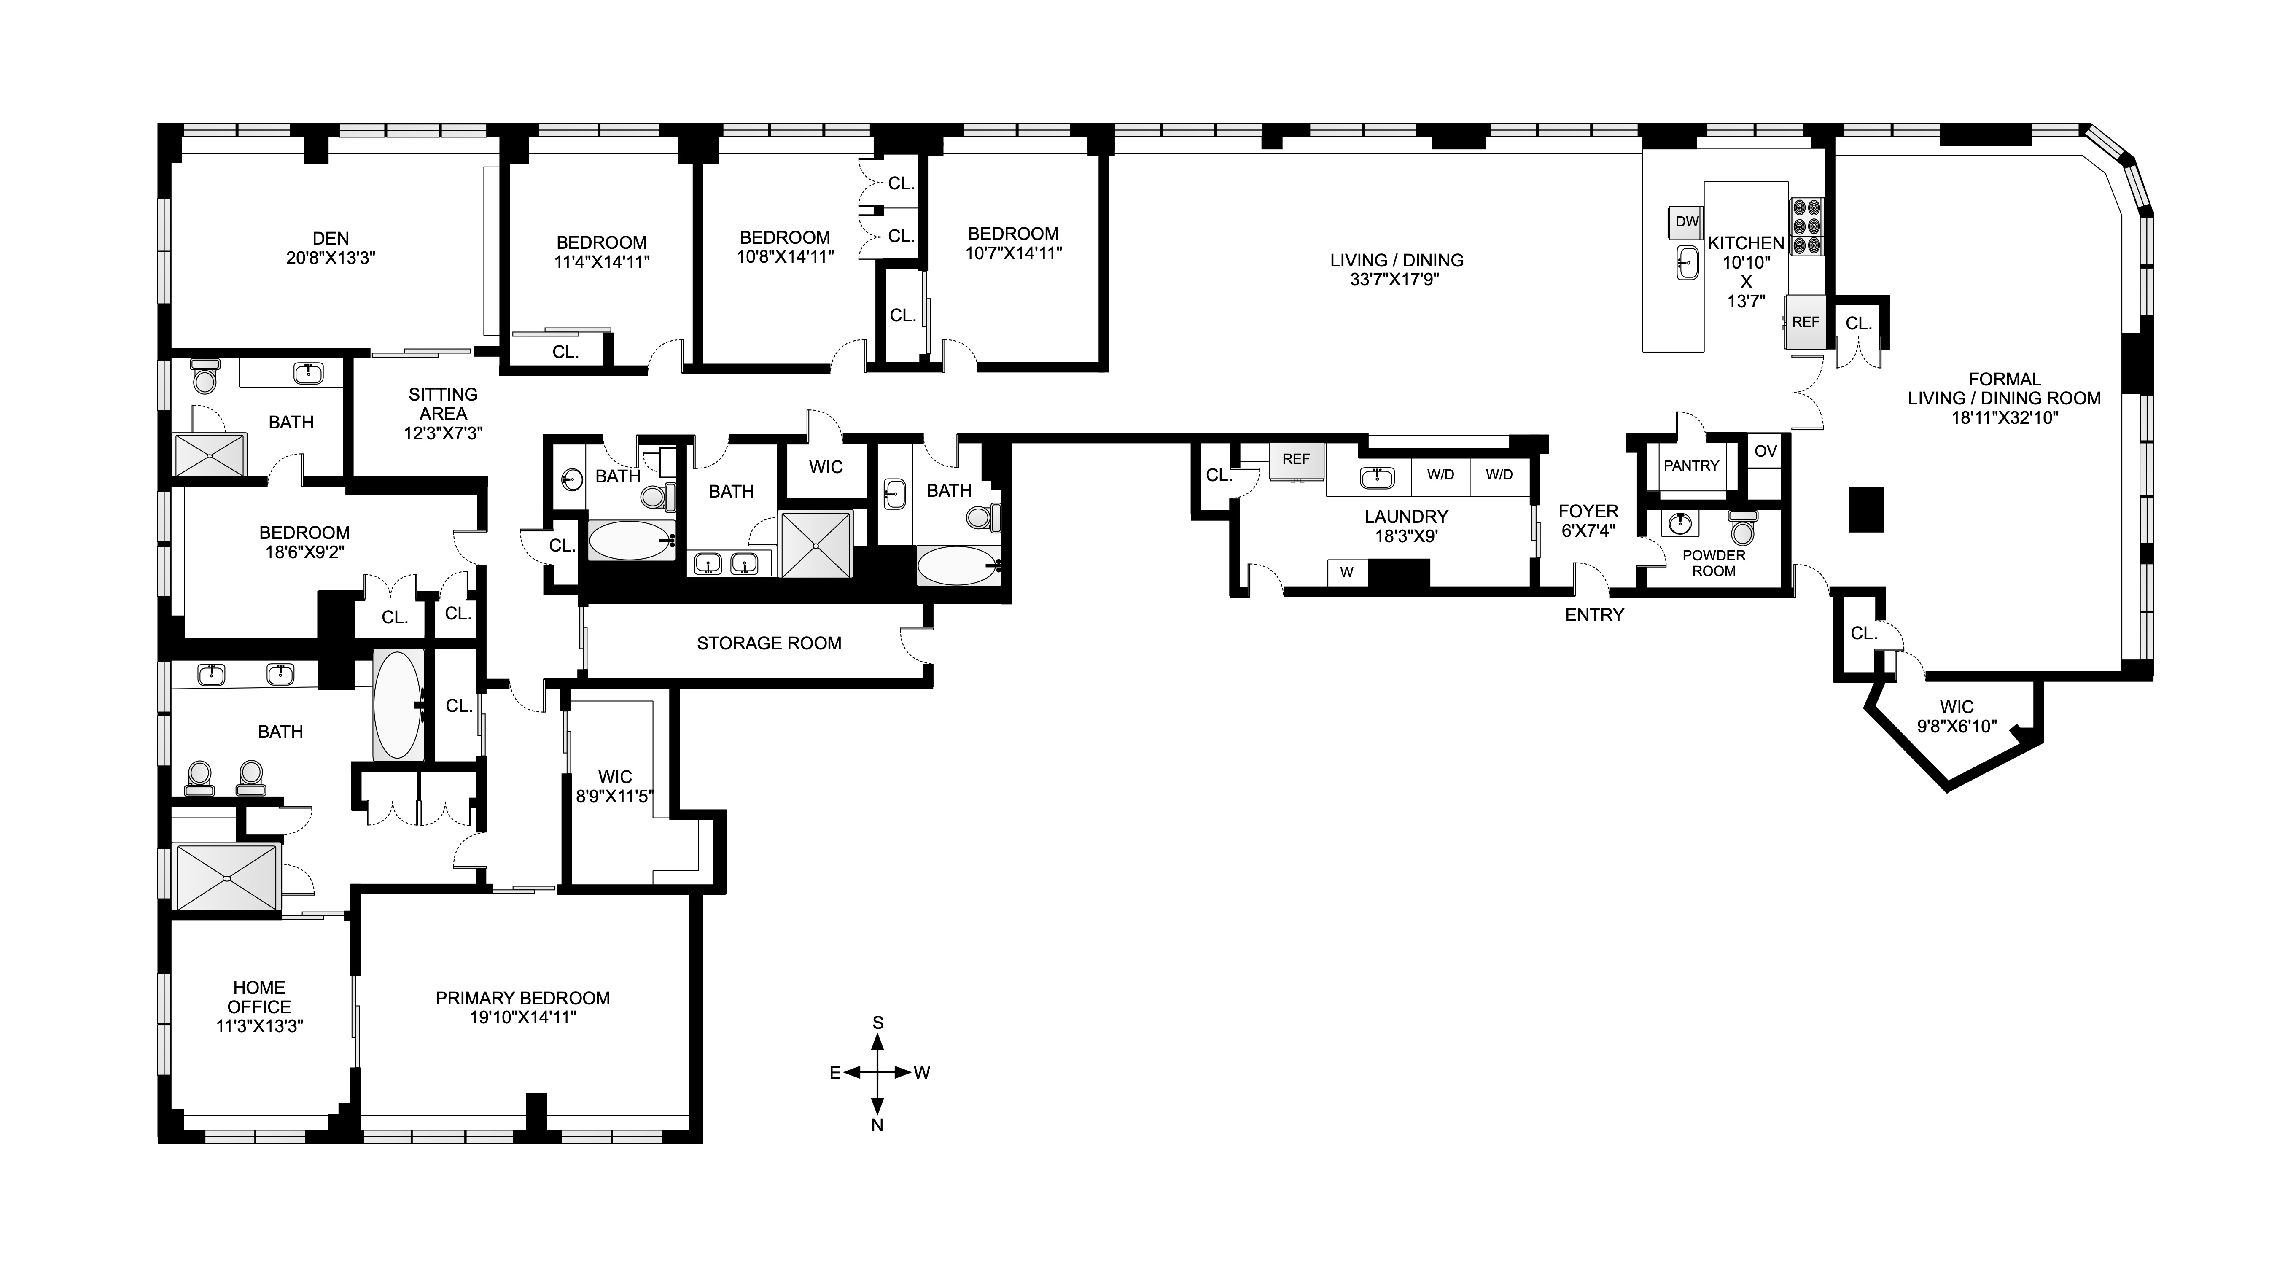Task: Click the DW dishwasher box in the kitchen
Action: coord(1687,221)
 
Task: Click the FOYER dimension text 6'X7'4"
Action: coord(1588,530)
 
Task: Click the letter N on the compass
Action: coord(878,1125)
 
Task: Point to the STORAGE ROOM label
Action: coord(768,643)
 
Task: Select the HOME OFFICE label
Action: coord(259,997)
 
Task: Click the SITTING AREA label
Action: coord(443,404)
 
